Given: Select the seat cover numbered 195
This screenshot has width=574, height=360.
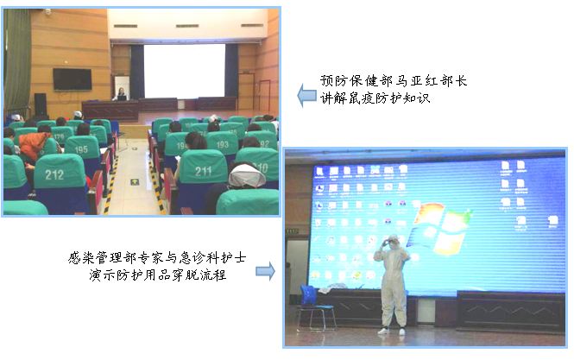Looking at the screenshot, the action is pyautogui.click(x=82, y=148).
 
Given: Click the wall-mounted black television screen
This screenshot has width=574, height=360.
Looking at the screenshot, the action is pyautogui.click(x=73, y=79).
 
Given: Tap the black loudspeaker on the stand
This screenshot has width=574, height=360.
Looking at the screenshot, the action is pyautogui.click(x=41, y=104).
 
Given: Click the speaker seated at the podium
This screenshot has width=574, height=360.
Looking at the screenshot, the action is pyautogui.click(x=121, y=94).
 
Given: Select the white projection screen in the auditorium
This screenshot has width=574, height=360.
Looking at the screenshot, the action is pyautogui.click(x=184, y=71).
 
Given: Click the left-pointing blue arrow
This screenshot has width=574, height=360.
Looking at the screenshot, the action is pyautogui.click(x=306, y=96).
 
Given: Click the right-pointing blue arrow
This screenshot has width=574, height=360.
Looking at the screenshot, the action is pyautogui.click(x=265, y=271).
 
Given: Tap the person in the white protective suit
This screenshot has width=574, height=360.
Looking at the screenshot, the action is pyautogui.click(x=392, y=284).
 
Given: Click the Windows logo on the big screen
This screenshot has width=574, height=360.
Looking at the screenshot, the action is pyautogui.click(x=439, y=228).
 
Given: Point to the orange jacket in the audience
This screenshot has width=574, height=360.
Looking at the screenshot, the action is pyautogui.click(x=34, y=144).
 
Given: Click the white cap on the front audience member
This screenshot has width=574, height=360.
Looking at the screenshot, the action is pyautogui.click(x=247, y=176).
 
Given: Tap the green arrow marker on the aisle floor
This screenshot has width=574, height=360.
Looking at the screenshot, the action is pyautogui.click(x=135, y=181).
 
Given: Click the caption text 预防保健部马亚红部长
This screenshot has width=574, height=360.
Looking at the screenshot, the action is pyautogui.click(x=393, y=80).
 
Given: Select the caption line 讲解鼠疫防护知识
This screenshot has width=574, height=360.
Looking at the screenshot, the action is pyautogui.click(x=375, y=98).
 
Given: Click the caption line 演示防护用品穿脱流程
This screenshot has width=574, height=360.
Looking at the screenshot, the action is pyautogui.click(x=157, y=275).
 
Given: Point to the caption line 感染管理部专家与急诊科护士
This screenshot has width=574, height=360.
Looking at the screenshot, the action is pyautogui.click(x=157, y=258).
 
